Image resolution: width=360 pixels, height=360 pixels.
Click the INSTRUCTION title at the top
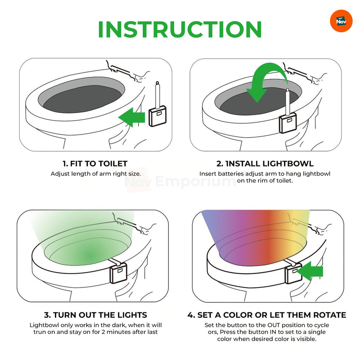(180, 29)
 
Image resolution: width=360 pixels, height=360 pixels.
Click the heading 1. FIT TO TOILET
(94, 164)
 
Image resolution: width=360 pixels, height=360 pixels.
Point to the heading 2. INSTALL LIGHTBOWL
(265, 164)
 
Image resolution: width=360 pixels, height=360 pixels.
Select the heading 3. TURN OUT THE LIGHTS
(94, 315)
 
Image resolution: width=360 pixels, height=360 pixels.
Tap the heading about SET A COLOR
(266, 315)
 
